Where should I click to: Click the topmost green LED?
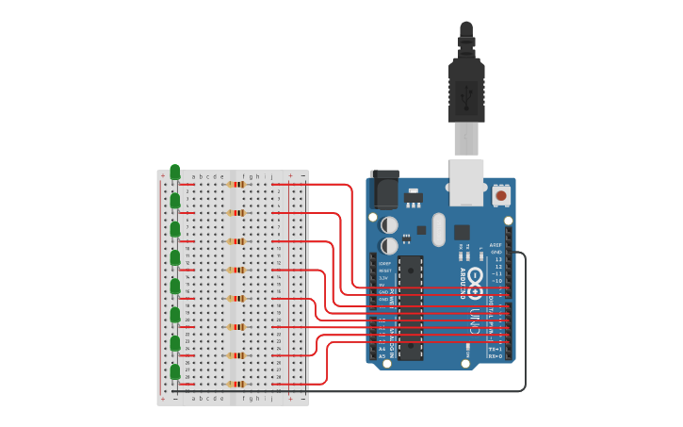(x=174, y=172)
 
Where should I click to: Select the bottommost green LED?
(x=174, y=371)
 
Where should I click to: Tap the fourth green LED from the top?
(x=174, y=257)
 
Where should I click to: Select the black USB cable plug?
(x=466, y=90)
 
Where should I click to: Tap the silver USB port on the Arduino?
(x=466, y=181)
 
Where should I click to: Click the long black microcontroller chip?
(x=411, y=307)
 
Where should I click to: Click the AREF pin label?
(x=496, y=244)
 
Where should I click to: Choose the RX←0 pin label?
(x=495, y=356)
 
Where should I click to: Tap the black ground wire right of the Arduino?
(x=525, y=320)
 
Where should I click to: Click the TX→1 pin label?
(x=495, y=349)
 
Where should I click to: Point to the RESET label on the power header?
(x=385, y=271)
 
